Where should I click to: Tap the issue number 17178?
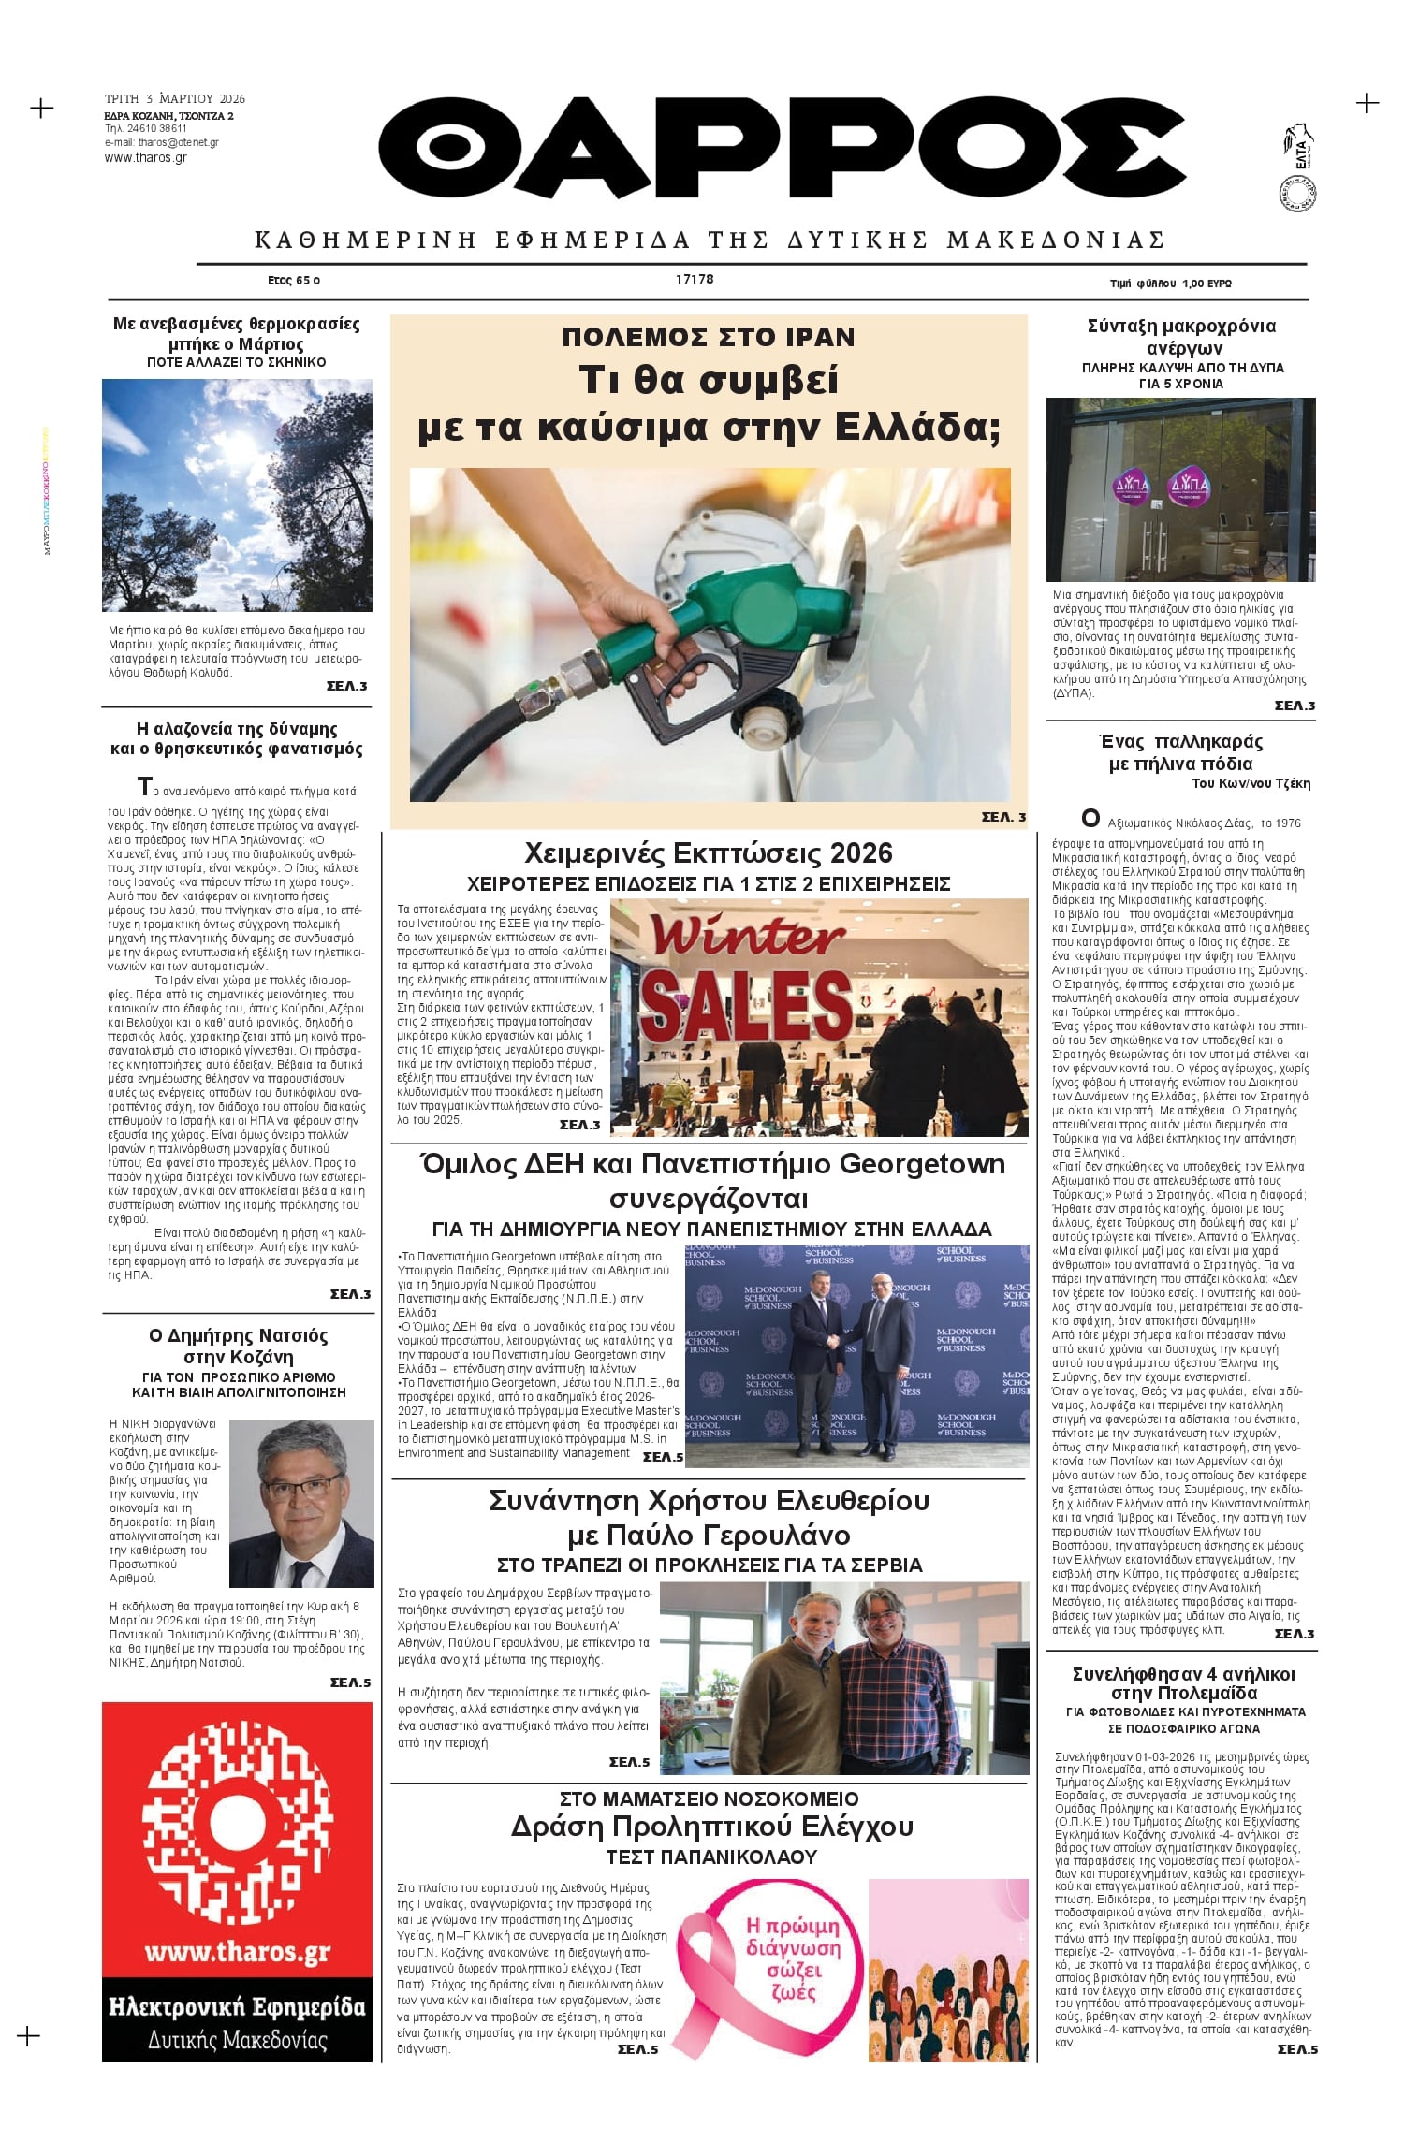[694, 280]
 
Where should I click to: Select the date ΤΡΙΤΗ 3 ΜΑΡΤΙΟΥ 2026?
[175, 99]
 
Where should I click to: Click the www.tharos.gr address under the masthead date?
[145, 158]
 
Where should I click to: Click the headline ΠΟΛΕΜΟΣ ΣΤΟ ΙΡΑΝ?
[709, 338]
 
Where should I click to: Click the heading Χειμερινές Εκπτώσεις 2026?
[709, 853]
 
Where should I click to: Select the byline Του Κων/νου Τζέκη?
[1251, 784]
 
